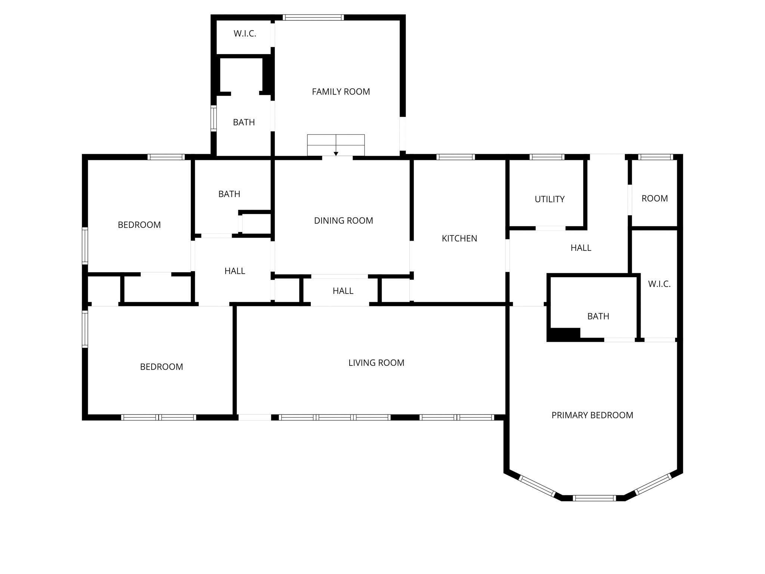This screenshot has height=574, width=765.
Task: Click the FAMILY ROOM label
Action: tap(341, 92)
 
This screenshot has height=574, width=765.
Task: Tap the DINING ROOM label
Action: tap(343, 220)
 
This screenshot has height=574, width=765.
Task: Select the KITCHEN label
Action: tap(459, 238)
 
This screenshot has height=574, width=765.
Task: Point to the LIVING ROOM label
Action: tap(376, 362)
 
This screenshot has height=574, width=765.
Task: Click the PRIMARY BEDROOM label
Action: tap(592, 415)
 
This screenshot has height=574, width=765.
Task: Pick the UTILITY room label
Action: tap(549, 199)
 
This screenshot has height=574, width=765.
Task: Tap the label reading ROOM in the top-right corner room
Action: tap(654, 198)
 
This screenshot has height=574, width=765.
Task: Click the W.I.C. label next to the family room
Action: tap(245, 34)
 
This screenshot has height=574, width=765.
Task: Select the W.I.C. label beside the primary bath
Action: tap(659, 284)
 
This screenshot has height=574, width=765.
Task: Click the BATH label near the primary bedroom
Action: tap(598, 316)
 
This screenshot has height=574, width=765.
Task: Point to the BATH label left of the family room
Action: tap(244, 122)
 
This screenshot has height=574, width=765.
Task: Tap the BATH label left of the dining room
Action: tap(229, 194)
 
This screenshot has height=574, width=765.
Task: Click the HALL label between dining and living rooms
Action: tap(343, 291)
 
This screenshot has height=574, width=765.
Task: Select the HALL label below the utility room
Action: tap(581, 248)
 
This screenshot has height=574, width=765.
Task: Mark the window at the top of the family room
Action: tap(313, 17)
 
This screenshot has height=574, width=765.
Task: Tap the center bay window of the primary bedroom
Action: tap(594, 498)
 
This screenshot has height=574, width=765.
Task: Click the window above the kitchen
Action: tap(456, 157)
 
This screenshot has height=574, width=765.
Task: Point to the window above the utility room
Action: tap(547, 157)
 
